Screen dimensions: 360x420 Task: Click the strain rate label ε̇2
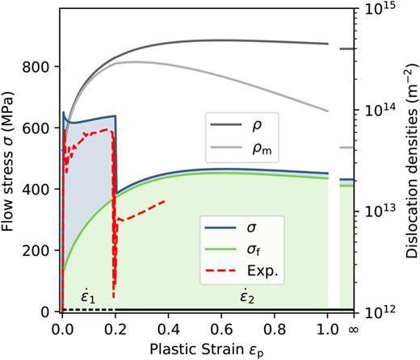click(242, 297)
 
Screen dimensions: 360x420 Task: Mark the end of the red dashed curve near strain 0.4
click(165, 201)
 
